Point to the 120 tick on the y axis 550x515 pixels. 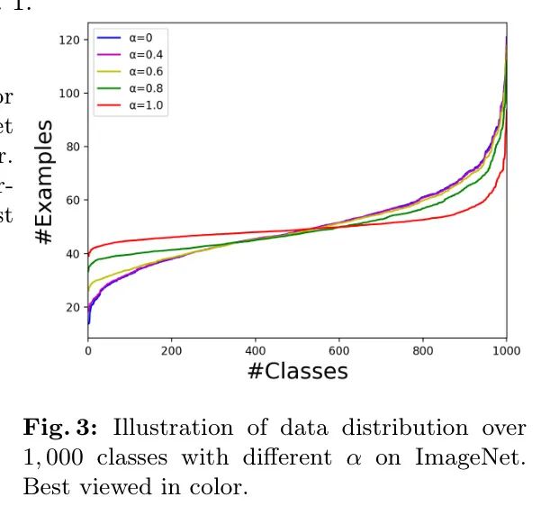point(68,41)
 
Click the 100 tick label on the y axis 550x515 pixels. point(68,94)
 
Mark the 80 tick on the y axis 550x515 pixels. point(72,147)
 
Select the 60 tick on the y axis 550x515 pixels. point(72,200)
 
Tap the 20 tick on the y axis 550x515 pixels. point(72,307)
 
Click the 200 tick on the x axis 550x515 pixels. point(172,350)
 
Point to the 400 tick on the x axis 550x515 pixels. point(256,350)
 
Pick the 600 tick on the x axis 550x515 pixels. point(339,350)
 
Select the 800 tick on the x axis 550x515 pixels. point(423,350)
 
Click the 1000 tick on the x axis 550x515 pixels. point(506,350)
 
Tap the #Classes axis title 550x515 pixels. point(297,371)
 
